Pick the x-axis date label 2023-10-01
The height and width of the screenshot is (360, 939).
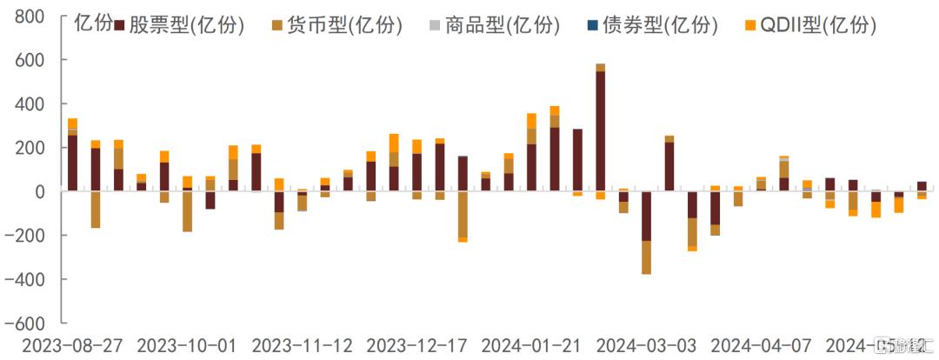(x=186, y=345)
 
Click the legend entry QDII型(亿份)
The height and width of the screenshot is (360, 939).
(x=816, y=26)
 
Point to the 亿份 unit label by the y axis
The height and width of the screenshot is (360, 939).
(x=93, y=23)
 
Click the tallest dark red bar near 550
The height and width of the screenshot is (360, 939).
(x=601, y=130)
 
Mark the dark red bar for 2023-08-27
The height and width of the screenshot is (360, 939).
(x=72, y=163)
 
